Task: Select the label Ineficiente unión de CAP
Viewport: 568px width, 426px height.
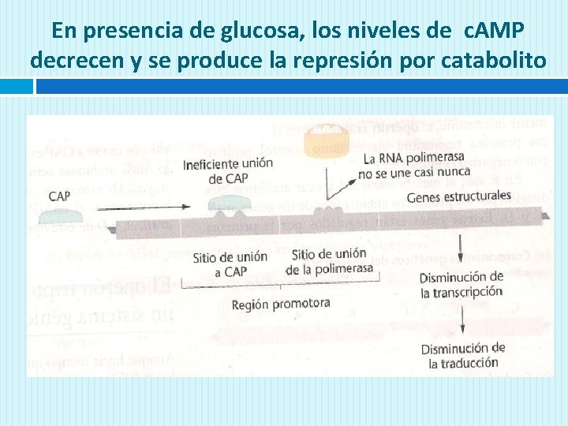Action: click(x=228, y=170)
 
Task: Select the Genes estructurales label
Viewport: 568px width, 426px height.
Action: click(x=458, y=196)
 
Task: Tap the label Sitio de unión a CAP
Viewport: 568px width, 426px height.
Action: click(x=230, y=263)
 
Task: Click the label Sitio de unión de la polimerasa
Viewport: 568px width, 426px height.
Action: click(x=329, y=261)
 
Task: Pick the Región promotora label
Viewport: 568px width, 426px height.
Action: click(x=281, y=304)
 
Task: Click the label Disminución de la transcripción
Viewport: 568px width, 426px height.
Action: click(x=461, y=284)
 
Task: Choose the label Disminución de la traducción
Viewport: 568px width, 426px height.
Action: click(x=463, y=356)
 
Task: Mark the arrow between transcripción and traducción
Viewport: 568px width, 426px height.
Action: click(x=461, y=322)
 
